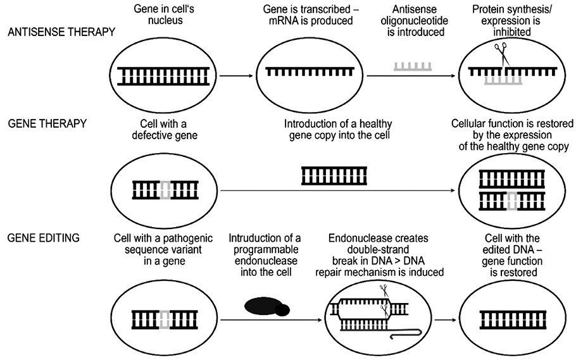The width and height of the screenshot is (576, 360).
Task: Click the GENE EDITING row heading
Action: pyautogui.click(x=43, y=238)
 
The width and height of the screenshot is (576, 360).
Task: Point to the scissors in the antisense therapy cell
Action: pyautogui.click(x=501, y=53)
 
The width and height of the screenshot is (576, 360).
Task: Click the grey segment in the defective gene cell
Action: pyautogui.click(x=165, y=189)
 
